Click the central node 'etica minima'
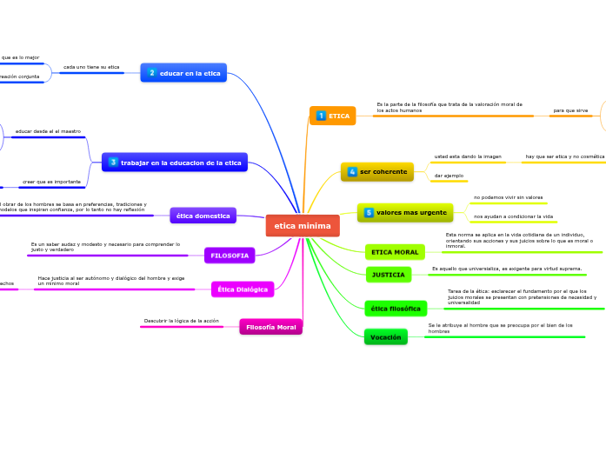coord(303,226)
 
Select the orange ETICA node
coord(333,116)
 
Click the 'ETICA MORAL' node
coord(395,252)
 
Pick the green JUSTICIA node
coord(388,275)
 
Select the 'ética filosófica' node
coord(396,309)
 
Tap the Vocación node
coord(385,336)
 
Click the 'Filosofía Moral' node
coord(270,327)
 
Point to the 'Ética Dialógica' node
coord(243,289)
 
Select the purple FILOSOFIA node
coord(230,256)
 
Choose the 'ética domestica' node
coord(203,216)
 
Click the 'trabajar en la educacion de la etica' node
coord(175,163)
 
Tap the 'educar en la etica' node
coord(183,73)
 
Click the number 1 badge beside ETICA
coord(321,116)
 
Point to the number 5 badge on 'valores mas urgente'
coord(369,213)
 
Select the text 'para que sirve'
coord(570,110)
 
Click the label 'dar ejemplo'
coord(449,176)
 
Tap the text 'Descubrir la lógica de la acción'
coord(181,321)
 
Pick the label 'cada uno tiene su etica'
coord(91,67)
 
